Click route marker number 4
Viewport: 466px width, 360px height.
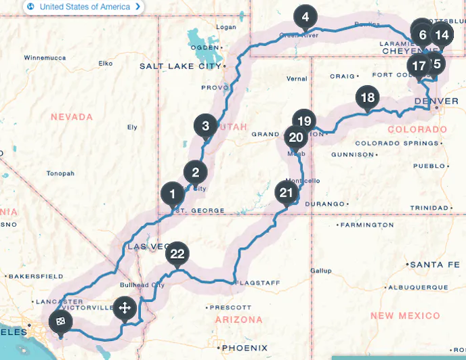(305, 16)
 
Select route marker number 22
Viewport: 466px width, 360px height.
(177, 254)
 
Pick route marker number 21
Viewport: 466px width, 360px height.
(287, 193)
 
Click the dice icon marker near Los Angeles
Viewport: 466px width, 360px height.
(60, 321)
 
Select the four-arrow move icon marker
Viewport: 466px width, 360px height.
(125, 309)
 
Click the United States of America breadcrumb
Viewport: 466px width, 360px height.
(83, 7)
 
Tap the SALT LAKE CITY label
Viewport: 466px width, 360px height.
(180, 66)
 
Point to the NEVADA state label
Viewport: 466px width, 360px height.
(71, 117)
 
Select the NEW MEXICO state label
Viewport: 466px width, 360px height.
(404, 316)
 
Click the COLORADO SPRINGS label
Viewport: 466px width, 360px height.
(391, 143)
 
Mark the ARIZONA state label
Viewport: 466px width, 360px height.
(239, 319)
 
